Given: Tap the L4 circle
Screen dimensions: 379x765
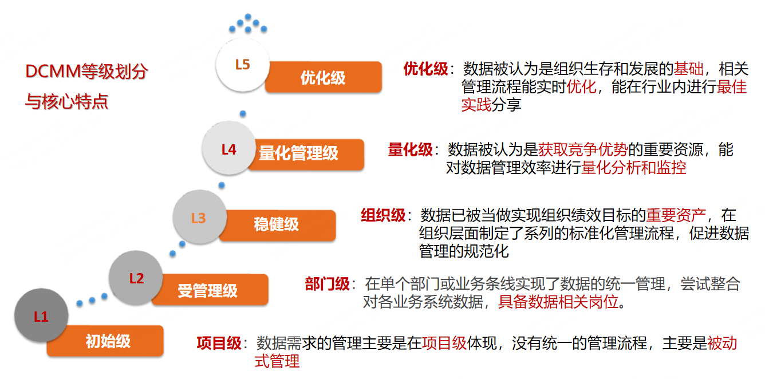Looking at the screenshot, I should click(x=228, y=150).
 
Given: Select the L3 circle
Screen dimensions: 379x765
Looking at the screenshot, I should click(x=198, y=218).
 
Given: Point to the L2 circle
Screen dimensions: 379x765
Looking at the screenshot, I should click(x=136, y=279).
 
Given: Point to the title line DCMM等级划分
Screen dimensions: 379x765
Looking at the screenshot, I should click(x=86, y=72).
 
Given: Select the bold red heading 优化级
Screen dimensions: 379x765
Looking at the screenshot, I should click(x=425, y=69).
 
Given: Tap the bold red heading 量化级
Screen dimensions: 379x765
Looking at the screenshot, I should click(x=410, y=150).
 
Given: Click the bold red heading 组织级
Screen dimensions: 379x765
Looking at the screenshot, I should click(x=383, y=216).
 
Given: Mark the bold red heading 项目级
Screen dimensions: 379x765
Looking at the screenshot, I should click(x=219, y=344).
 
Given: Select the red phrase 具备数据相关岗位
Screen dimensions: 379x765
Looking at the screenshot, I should click(x=559, y=302).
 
